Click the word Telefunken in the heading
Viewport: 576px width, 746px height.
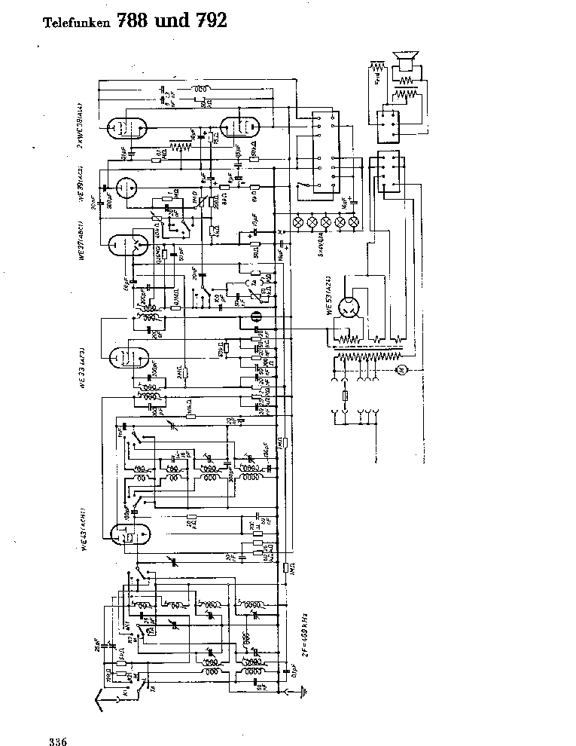(74, 23)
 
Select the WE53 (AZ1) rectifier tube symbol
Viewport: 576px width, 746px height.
(351, 309)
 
